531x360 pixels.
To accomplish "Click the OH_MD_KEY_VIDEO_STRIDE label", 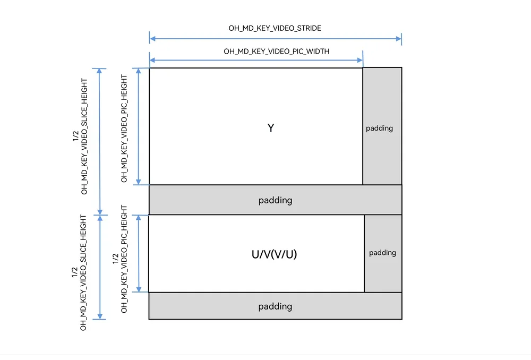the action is (275, 28).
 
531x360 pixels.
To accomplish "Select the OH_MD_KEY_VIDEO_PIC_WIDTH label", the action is (276, 51).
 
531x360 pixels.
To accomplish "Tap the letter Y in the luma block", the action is (271, 128).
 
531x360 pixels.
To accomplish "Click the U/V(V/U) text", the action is (275, 254).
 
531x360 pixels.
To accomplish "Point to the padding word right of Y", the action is (379, 128).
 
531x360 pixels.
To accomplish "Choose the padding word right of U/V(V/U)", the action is (382, 253).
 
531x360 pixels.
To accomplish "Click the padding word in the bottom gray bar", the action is (275, 306).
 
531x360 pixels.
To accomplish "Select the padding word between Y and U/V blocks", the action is (275, 200).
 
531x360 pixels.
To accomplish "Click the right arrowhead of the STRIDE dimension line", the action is (399, 39).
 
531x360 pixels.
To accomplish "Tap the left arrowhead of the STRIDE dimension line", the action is (152, 39).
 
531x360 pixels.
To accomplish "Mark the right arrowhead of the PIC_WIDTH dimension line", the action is (359, 61).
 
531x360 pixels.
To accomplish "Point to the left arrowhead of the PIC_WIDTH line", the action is (152, 61).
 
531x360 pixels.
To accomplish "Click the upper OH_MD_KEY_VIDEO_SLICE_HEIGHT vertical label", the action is (84, 136).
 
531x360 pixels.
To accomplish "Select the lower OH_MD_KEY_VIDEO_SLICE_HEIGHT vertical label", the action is (83, 272).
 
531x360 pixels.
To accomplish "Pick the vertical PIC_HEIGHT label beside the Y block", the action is (124, 128).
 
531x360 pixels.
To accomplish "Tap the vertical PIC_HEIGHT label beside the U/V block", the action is (124, 259).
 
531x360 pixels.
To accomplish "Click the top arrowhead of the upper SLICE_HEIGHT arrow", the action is (100, 71).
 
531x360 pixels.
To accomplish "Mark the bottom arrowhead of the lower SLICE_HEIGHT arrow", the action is (100, 316).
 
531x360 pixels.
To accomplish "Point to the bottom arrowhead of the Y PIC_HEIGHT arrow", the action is (138, 182).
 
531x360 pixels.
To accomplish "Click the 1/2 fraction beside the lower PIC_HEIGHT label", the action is (116, 259).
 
